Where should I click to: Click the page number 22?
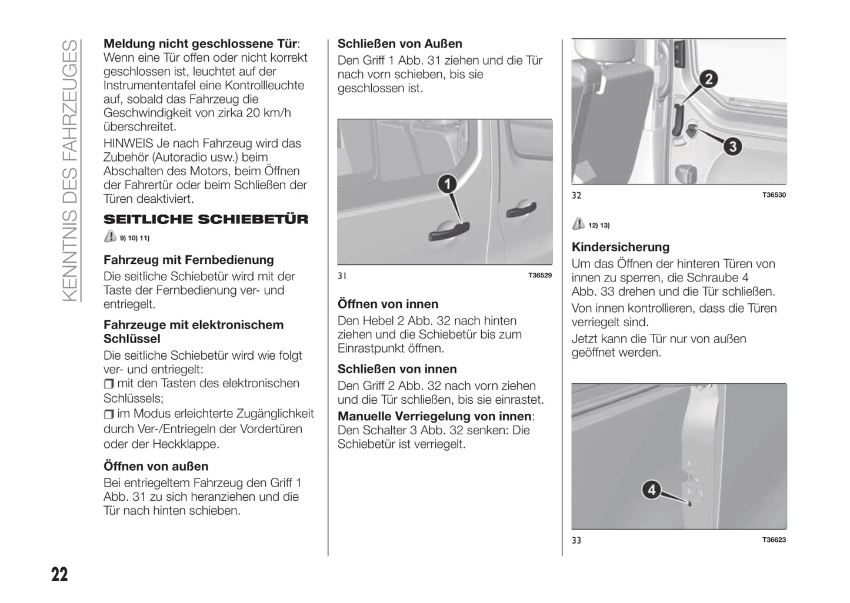59,574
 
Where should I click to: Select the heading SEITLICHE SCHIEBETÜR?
206,220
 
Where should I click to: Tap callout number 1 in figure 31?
448,185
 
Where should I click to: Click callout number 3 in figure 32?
732,146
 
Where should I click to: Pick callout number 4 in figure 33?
652,489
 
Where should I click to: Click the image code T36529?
540,275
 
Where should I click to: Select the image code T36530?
774,195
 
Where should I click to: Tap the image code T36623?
774,540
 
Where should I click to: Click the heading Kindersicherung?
621,247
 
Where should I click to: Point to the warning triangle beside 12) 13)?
579,224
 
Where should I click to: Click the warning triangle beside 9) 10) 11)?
110,237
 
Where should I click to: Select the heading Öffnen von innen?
388,304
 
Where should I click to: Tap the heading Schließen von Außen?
399,44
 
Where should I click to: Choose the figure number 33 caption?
576,540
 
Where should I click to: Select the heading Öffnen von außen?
156,467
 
